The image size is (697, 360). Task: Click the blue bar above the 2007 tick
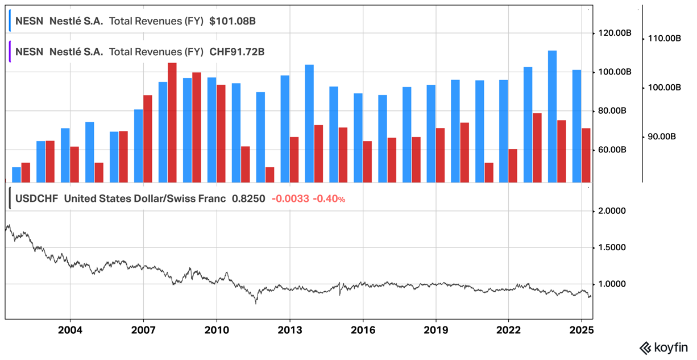click(138, 146)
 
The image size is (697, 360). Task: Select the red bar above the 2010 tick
click(221, 134)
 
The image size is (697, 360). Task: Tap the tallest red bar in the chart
click(172, 122)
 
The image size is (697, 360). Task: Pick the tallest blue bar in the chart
click(552, 117)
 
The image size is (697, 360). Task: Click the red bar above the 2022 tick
click(513, 165)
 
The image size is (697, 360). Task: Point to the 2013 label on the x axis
click(289, 330)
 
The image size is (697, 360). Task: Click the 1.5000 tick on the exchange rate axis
click(613, 247)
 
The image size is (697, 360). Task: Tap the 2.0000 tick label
click(613, 211)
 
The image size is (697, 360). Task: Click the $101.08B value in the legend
click(232, 22)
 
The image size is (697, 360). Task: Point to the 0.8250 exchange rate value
click(248, 199)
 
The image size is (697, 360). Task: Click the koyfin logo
click(663, 347)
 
